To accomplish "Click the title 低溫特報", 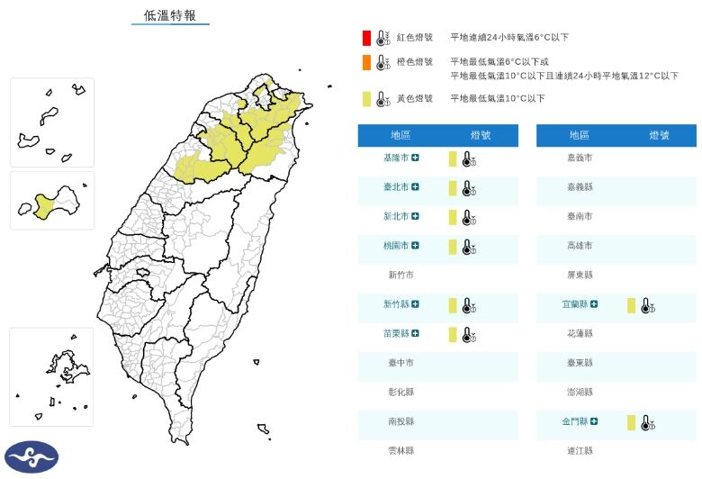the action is pos(170,15).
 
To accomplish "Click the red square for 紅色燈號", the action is pos(365,38).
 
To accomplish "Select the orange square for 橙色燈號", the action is pos(365,63).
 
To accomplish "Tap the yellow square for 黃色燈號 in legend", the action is pos(365,99).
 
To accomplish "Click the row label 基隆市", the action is pos(397,158).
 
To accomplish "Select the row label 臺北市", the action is pos(397,187).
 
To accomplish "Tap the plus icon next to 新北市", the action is pos(416,217).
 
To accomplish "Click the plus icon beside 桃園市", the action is pos(416,246).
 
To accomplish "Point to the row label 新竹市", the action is pos(401,275).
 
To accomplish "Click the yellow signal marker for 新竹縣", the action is pos(454,305).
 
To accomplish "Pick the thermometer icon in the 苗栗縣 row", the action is pos(468,335).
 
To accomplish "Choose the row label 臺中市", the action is pos(401,363).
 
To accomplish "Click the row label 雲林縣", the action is pos(401,450).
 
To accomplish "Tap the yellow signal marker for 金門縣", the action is pos(632,421).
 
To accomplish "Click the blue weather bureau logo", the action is pos(31,456).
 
